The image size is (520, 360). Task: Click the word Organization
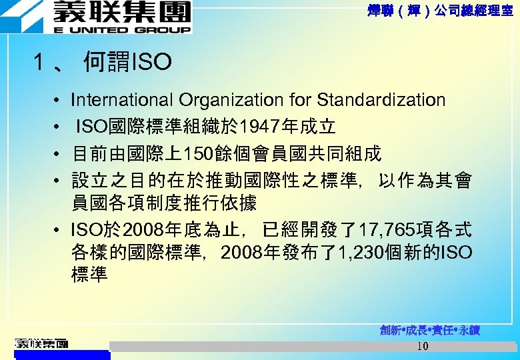tap(230, 100)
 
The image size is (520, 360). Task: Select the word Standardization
tap(381, 100)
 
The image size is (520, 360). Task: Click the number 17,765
tap(386, 231)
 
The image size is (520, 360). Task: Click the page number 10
tap(422, 347)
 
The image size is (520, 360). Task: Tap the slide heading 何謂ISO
tap(127, 63)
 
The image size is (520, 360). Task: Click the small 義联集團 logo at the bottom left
tap(41, 344)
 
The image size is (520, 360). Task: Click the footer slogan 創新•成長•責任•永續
tap(430, 330)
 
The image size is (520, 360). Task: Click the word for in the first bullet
tap(301, 100)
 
